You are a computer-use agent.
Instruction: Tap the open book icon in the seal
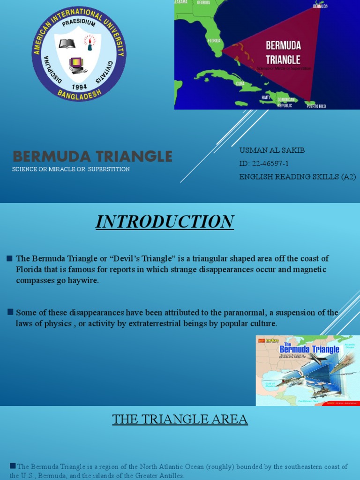coord(67,44)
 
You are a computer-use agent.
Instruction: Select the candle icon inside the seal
coord(89,43)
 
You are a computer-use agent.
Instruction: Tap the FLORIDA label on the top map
coord(214,41)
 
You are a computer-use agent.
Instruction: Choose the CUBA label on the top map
coord(240,83)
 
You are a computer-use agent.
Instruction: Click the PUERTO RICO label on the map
coord(316,106)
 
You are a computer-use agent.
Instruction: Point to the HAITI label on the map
coord(266,97)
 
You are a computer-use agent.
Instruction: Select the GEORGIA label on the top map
coord(203,2)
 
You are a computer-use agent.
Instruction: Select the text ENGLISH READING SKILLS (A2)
coord(297,177)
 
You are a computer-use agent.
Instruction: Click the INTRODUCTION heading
coord(165,222)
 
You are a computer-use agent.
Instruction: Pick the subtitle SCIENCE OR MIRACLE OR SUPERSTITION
coord(71,169)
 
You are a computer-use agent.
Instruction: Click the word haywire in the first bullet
coord(83,281)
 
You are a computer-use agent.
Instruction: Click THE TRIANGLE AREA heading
coord(180,419)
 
